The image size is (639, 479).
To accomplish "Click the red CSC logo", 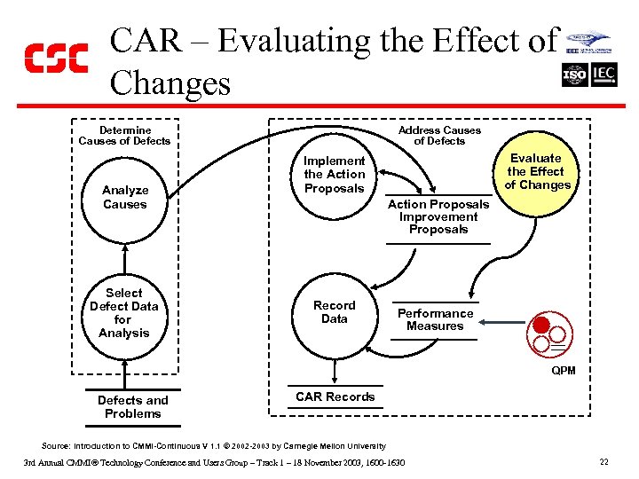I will click(56, 59).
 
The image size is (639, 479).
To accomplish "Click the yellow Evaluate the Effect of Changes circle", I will click(538, 172).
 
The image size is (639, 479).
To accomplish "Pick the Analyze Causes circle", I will click(124, 197).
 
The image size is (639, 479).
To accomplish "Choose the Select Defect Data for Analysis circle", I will click(124, 313).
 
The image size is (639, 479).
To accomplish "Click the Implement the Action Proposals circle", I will click(334, 175).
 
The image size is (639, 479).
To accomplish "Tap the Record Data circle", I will click(334, 312).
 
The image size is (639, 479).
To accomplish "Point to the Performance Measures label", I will click(435, 319).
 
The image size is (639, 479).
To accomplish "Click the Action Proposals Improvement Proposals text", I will click(438, 216).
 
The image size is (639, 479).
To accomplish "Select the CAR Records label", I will click(335, 397).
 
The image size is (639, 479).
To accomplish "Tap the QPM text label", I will click(563, 370).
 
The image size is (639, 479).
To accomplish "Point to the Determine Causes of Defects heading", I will click(124, 135).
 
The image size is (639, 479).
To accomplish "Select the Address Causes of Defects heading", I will click(439, 135).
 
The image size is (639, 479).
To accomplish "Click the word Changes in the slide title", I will click(170, 83).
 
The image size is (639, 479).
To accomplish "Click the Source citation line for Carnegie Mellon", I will click(214, 445).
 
